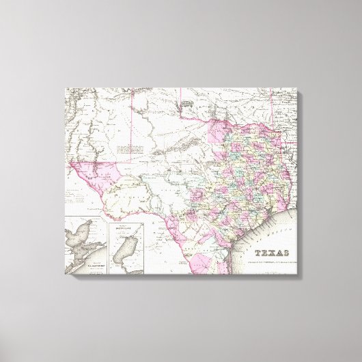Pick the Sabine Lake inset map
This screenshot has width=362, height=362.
pyautogui.click(x=126, y=245)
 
